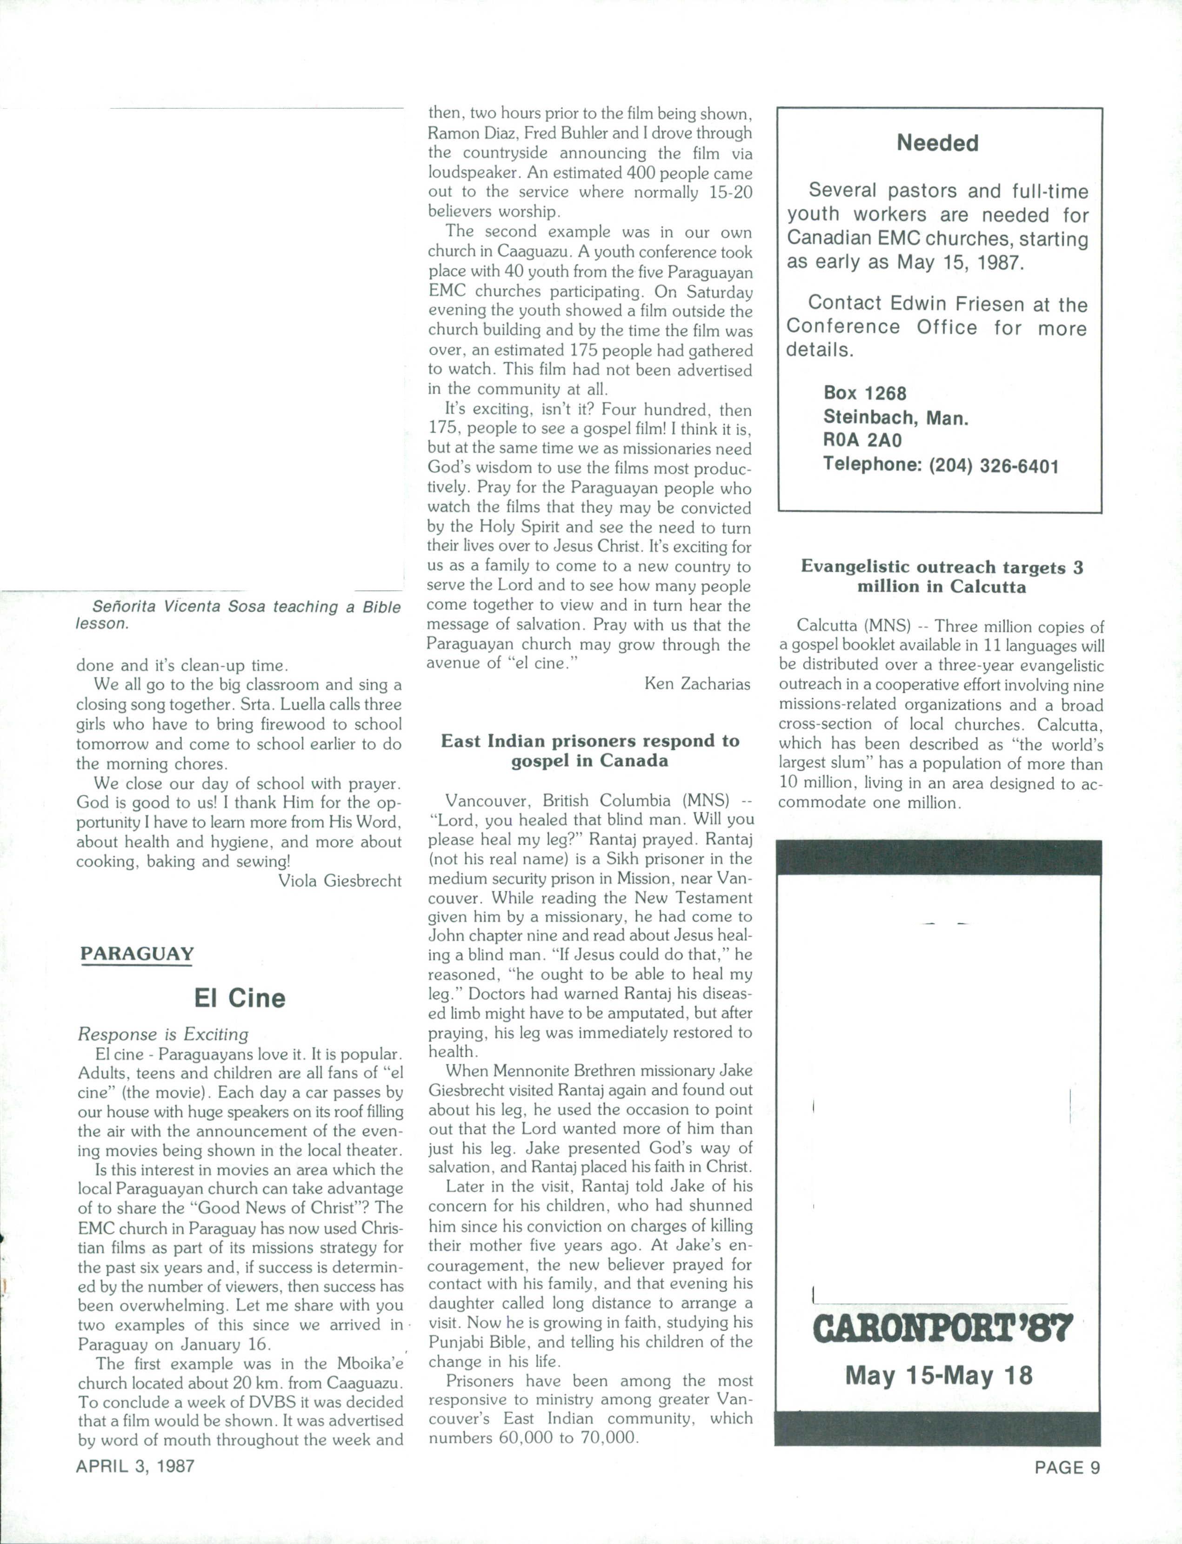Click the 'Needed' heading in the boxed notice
pyautogui.click(x=937, y=144)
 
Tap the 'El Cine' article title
pyautogui.click(x=239, y=998)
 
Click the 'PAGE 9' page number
pyautogui.click(x=1067, y=1467)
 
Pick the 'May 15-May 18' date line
pyautogui.click(x=939, y=1375)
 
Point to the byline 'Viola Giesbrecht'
pyautogui.click(x=340, y=881)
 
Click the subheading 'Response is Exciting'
pyautogui.click(x=163, y=1034)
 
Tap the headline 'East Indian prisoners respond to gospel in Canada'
pyautogui.click(x=589, y=750)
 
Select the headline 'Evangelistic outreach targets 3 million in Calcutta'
pyautogui.click(x=942, y=577)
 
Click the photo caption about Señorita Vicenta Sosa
pyautogui.click(x=239, y=615)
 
